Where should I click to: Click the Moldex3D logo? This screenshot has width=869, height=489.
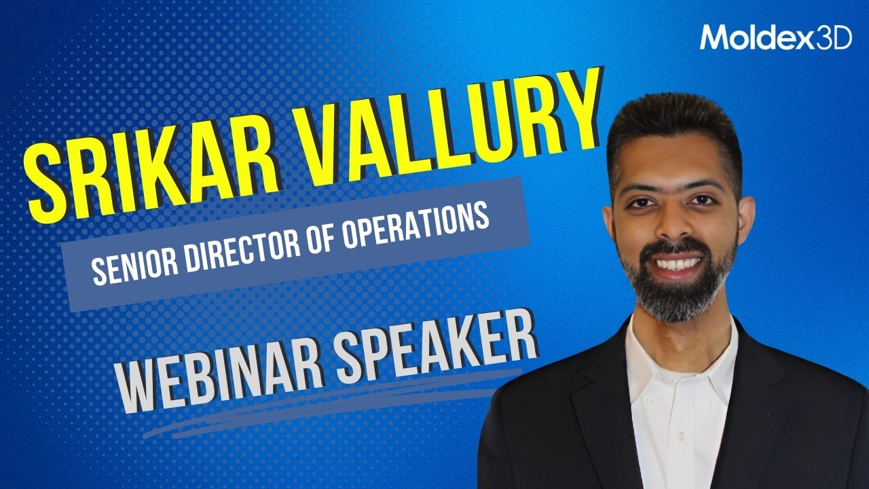776,37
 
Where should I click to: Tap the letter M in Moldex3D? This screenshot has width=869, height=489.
713,37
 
